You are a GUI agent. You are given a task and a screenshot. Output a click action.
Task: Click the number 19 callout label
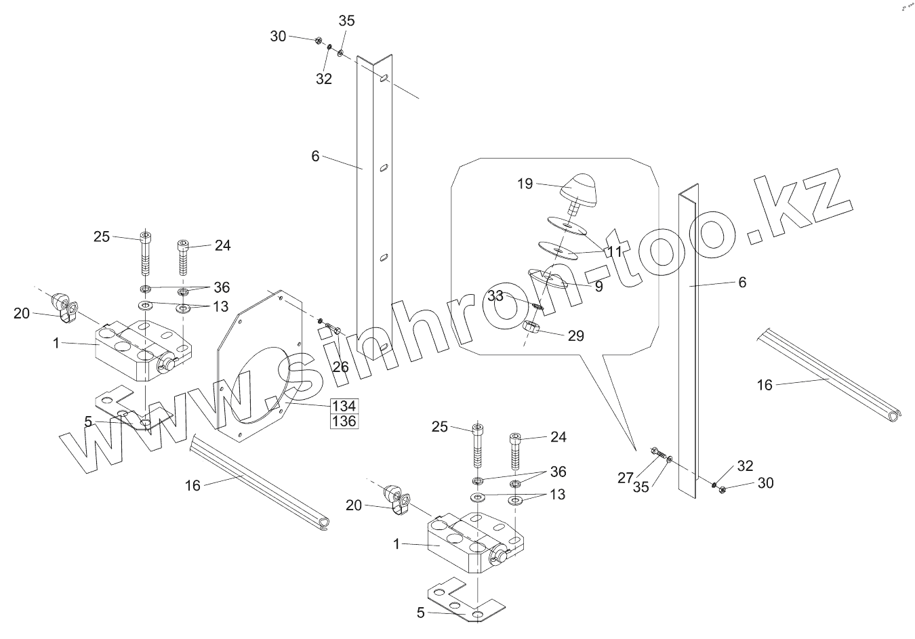coord(525,184)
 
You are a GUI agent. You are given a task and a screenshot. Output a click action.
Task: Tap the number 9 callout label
coord(598,286)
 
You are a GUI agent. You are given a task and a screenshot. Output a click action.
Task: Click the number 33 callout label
coord(495,295)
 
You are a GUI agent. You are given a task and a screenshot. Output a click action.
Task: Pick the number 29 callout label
coord(576,335)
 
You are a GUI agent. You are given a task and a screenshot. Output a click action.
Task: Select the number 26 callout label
coord(340,367)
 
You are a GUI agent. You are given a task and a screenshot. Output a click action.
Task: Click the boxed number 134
coord(344,406)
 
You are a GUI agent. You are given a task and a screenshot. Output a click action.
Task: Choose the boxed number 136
coord(344,421)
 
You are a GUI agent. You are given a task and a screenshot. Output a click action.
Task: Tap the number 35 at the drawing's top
coord(346,21)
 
